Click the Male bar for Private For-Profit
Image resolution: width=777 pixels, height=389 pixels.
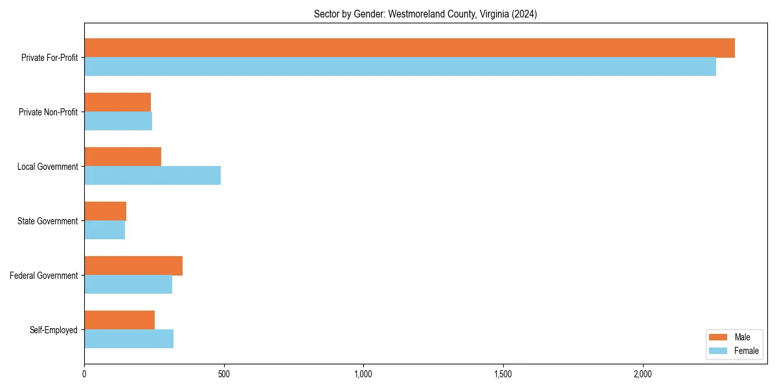[x=409, y=48]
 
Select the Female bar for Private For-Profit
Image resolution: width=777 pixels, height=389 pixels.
[x=400, y=67]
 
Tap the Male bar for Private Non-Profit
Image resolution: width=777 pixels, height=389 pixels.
[x=117, y=102]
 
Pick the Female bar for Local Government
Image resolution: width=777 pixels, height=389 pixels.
[x=152, y=176]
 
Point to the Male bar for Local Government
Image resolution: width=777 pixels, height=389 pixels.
[x=122, y=157]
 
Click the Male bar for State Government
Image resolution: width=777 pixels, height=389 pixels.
[x=105, y=211]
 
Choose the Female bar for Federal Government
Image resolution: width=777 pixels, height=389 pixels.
[x=128, y=285]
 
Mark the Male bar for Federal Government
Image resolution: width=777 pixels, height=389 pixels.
[x=133, y=266]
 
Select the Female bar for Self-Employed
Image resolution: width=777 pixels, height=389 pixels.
[x=129, y=339]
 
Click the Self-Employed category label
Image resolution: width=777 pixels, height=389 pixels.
[x=54, y=330]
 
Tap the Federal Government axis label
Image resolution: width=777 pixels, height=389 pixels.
[x=44, y=276]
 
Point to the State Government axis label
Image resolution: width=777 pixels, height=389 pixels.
[x=48, y=221]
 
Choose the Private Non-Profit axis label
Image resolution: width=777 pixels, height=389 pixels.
[x=48, y=112]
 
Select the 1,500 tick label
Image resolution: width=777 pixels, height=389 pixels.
[x=502, y=374]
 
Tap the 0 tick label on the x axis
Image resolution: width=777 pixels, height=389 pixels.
[x=84, y=374]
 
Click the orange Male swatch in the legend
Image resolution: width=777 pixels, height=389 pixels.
[x=719, y=337]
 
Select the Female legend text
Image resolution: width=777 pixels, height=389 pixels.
[x=747, y=351]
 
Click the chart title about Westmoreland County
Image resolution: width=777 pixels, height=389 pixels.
[x=425, y=14]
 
